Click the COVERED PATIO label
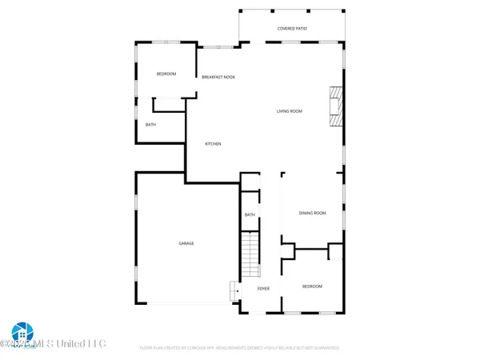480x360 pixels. point(292,28)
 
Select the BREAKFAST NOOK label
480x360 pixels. point(218,77)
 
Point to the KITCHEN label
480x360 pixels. point(213,144)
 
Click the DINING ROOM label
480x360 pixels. point(312,213)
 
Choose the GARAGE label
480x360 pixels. point(186,243)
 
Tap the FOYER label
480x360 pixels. point(262,287)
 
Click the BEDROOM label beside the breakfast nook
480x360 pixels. point(166,74)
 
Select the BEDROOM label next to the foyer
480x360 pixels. point(312,286)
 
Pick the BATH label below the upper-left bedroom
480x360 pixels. point(150,125)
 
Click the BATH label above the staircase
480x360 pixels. point(250,214)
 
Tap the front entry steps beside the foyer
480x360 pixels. point(234,290)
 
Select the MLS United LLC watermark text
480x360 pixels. point(64,344)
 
